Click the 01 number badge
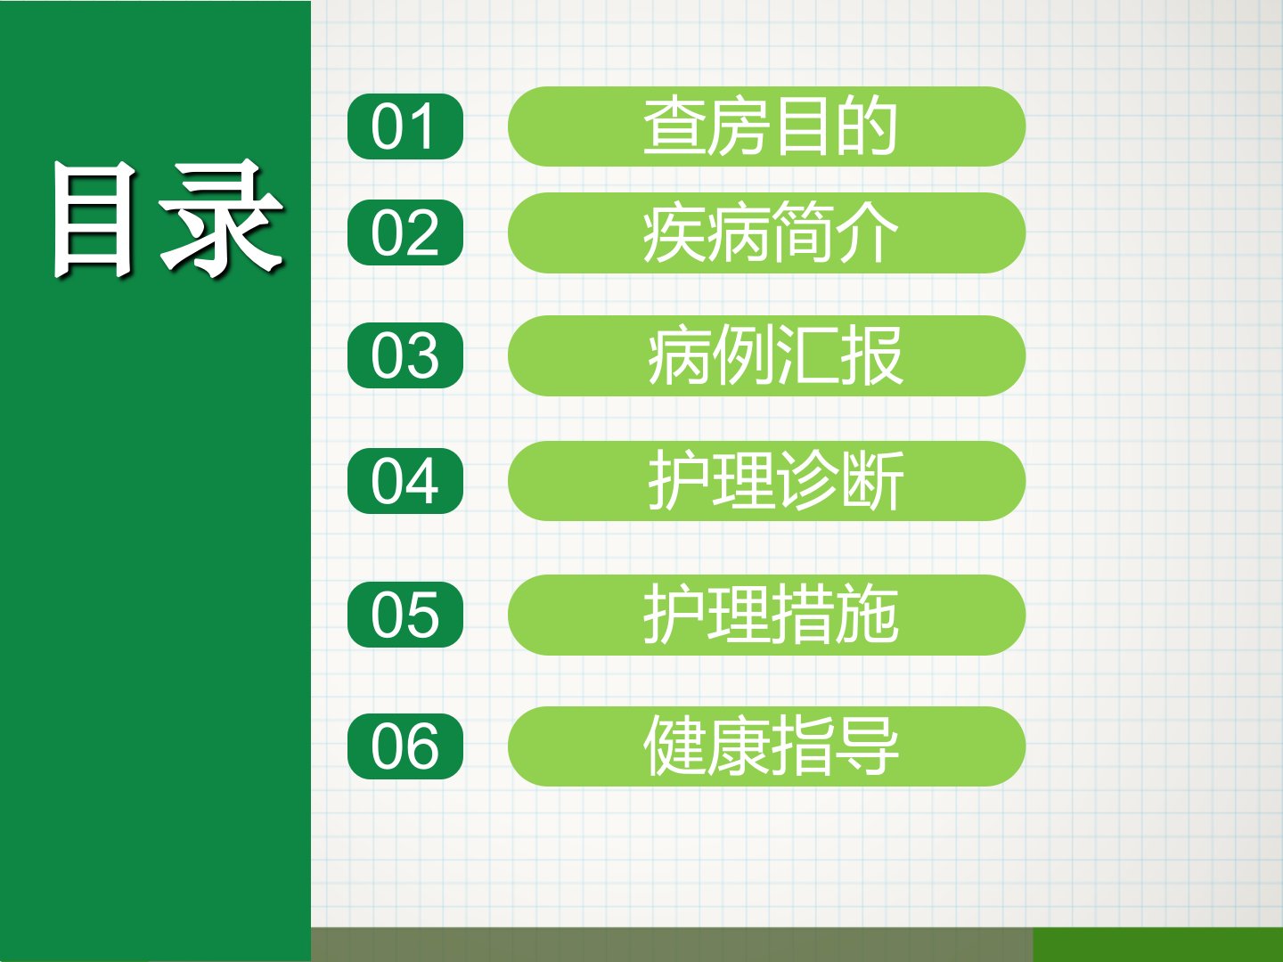pyautogui.click(x=405, y=126)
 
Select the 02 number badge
pyautogui.click(x=405, y=232)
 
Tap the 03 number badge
pyautogui.click(x=405, y=355)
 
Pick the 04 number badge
pyautogui.click(x=405, y=481)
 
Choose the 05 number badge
pyautogui.click(x=405, y=615)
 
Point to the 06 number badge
pyautogui.click(x=405, y=746)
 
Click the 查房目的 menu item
pyautogui.click(x=766, y=126)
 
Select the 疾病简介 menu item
pyautogui.click(x=766, y=232)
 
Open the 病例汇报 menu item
pyautogui.click(x=766, y=355)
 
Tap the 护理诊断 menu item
pyautogui.click(x=766, y=481)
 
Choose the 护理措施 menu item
pyautogui.click(x=766, y=615)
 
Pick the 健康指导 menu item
pyautogui.click(x=766, y=746)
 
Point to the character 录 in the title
pyautogui.click(x=222, y=217)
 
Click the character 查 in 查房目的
pyautogui.click(x=674, y=126)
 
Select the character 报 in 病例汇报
pyautogui.click(x=871, y=355)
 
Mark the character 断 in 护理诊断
pyautogui.click(x=872, y=481)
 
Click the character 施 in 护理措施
pyautogui.click(x=867, y=615)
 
